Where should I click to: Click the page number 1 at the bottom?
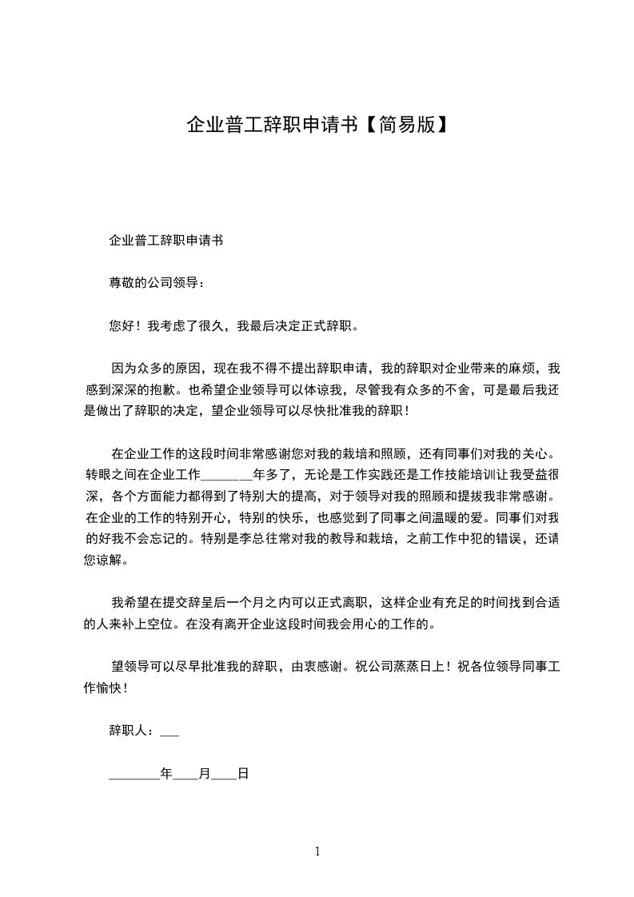pyautogui.click(x=317, y=851)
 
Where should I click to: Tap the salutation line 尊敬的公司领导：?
pyautogui.click(x=157, y=283)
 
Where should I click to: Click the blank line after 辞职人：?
pyautogui.click(x=169, y=731)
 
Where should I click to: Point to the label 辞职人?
pyautogui.click(x=128, y=731)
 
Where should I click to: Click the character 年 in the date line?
pyautogui.click(x=166, y=774)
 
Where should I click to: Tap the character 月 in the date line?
pyautogui.click(x=205, y=774)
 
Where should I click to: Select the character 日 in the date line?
pyautogui.click(x=243, y=774)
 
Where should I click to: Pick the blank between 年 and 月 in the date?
pyautogui.click(x=185, y=775)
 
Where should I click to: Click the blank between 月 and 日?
pyautogui.click(x=224, y=775)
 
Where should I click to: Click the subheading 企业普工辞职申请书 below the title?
pyautogui.click(x=165, y=240)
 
